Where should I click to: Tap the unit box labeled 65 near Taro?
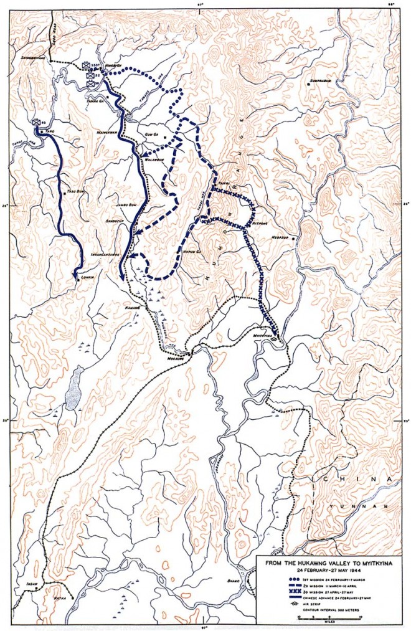37,123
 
